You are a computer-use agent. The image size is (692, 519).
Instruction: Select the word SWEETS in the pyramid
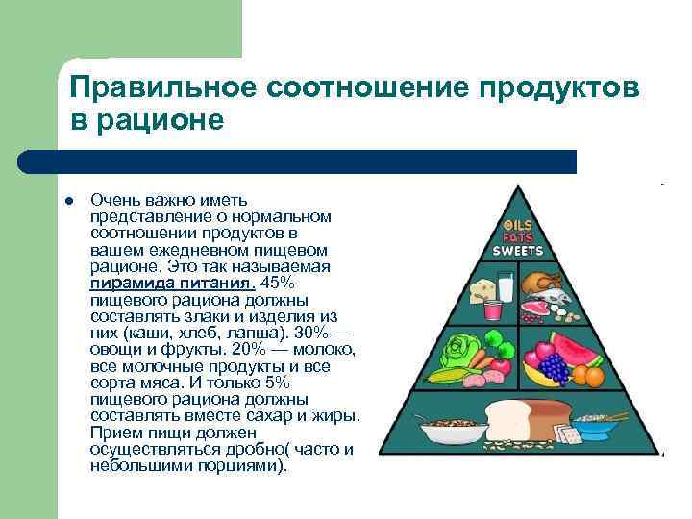[518, 250]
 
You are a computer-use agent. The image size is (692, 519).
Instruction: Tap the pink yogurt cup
[492, 309]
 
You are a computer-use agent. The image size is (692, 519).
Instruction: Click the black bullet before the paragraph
[69, 201]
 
